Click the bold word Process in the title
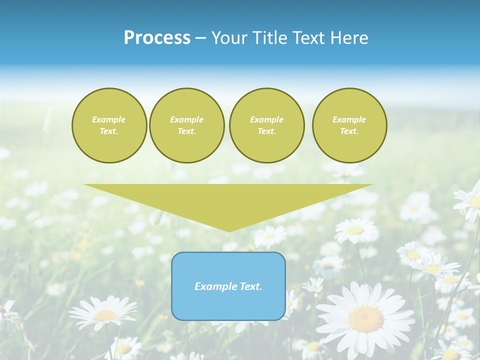[x=157, y=38]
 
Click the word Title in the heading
[x=269, y=38]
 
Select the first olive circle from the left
[x=109, y=125]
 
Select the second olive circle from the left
[x=186, y=125]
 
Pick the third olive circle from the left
[x=266, y=125]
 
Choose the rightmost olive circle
[x=349, y=125]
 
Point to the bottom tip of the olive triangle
[x=229, y=230]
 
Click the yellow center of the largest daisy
[x=366, y=318]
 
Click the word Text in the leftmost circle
[x=109, y=131]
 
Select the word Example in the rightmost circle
[x=349, y=119]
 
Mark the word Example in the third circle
[x=266, y=119]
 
